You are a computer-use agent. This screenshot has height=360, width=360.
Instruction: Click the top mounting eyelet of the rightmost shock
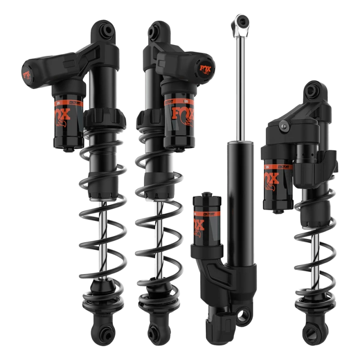[312, 91]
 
